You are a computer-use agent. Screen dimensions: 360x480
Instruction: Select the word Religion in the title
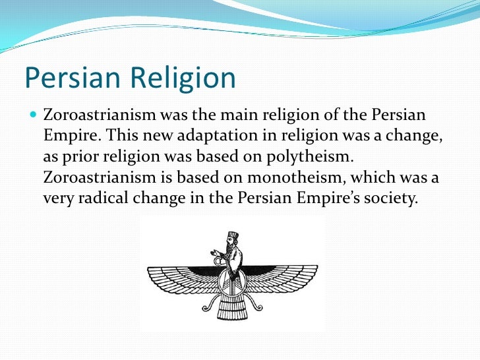[183, 78]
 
